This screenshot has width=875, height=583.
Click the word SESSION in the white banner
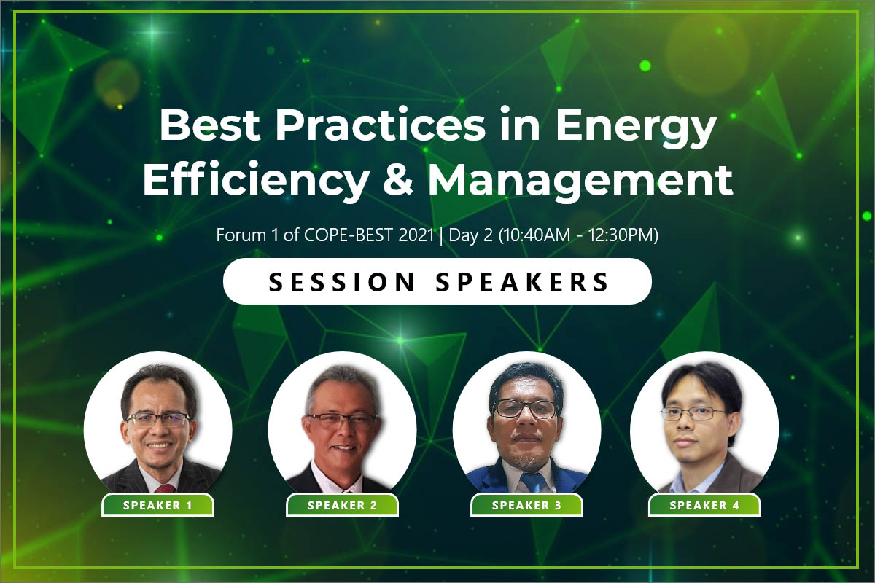point(342,282)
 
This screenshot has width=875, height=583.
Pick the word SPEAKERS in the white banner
point(522,282)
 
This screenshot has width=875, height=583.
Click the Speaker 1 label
point(157,505)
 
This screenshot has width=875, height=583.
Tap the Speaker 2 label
point(342,505)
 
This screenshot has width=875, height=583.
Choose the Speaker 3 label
point(526,505)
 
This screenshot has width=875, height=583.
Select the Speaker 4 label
point(704,505)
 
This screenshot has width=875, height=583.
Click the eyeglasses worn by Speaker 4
point(693,413)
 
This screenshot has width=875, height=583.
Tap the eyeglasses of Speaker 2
point(342,420)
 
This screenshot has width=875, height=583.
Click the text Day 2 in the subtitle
point(470,235)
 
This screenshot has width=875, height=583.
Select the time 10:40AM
point(534,235)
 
